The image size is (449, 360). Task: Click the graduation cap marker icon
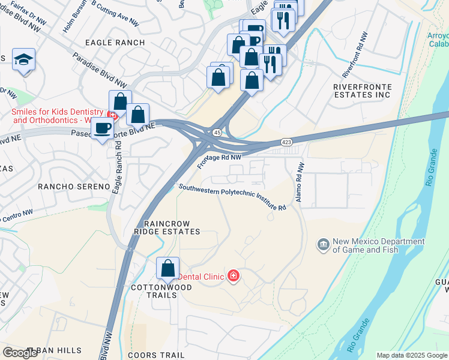tap(23, 59)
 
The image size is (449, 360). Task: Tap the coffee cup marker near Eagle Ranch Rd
tap(103, 128)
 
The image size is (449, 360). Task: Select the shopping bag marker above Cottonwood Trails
tap(168, 268)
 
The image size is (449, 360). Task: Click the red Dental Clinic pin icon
tap(233, 276)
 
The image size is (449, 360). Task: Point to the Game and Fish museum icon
tap(323, 245)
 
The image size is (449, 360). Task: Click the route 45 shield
tap(217, 132)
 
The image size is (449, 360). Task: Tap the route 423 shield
tap(287, 142)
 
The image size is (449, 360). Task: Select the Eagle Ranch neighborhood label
tap(115, 43)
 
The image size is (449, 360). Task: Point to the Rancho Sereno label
tap(74, 187)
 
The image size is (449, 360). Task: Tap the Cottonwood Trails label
tap(161, 287)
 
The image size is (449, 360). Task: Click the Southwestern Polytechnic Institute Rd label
tap(232, 196)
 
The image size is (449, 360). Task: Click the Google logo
tap(20, 353)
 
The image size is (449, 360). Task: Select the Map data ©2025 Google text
tap(411, 355)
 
